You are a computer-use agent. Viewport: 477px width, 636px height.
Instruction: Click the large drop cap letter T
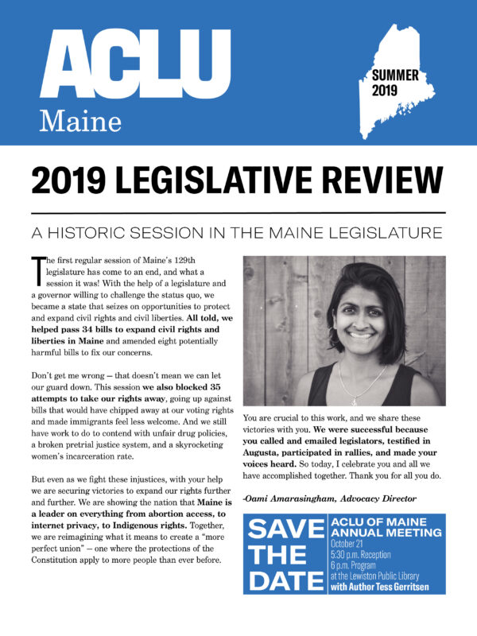pos(36,272)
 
